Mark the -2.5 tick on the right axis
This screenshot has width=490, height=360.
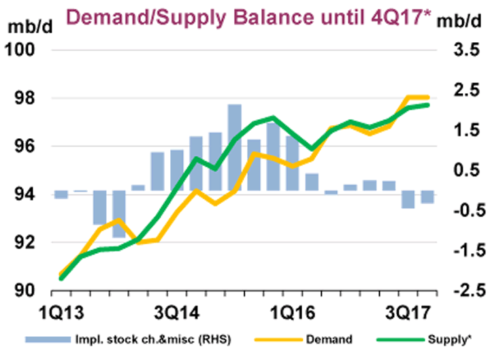coord(465,291)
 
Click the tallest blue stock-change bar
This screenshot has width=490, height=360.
coord(234,147)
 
